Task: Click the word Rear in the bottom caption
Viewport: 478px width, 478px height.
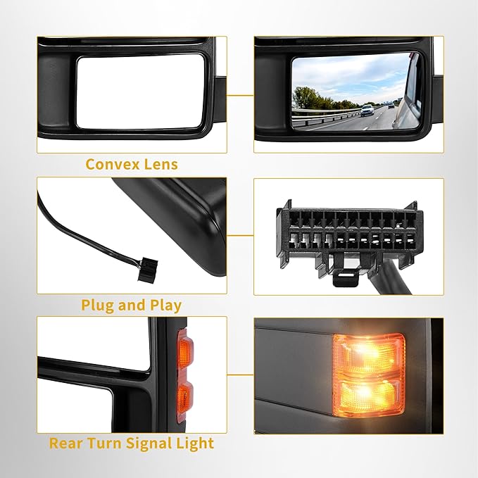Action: click(67, 444)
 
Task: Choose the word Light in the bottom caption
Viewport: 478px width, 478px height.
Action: click(196, 444)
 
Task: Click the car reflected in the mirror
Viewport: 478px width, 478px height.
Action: click(367, 109)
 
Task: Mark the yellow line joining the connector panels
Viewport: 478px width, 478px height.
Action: click(240, 236)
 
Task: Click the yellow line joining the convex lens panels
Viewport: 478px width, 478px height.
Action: click(240, 94)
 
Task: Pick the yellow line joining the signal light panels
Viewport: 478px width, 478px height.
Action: click(240, 375)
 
